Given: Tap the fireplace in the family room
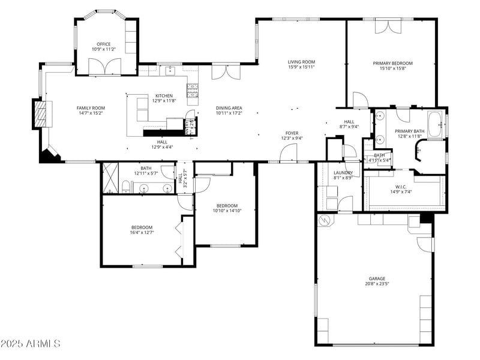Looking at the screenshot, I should [x=41, y=113].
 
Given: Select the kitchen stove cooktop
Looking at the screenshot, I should [x=193, y=91].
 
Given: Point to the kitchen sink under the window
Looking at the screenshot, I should [x=170, y=71].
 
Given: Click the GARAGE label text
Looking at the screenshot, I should [x=377, y=278].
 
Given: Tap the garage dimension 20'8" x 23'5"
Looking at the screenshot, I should [x=377, y=284].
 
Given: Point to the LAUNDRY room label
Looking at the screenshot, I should [x=343, y=172].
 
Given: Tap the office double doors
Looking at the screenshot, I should [x=105, y=67].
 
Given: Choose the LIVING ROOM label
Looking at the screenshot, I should [x=301, y=61].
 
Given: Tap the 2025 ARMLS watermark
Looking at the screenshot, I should [x=31, y=344].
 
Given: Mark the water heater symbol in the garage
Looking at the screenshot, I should [x=326, y=220].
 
